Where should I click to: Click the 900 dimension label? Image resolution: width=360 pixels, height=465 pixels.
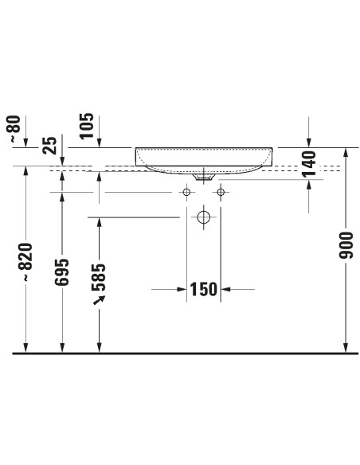click(x=346, y=245)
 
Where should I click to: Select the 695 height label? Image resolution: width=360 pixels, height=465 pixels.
click(x=61, y=272)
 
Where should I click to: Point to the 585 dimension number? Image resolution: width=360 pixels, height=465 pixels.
click(x=99, y=277)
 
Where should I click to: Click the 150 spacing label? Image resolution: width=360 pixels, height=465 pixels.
click(x=203, y=289)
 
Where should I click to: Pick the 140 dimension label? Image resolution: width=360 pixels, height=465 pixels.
click(x=309, y=164)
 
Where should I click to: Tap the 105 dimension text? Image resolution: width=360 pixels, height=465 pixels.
click(x=87, y=126)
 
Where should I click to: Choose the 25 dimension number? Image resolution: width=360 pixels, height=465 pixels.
click(x=49, y=145)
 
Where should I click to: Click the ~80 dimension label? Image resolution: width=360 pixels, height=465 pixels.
click(x=15, y=129)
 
